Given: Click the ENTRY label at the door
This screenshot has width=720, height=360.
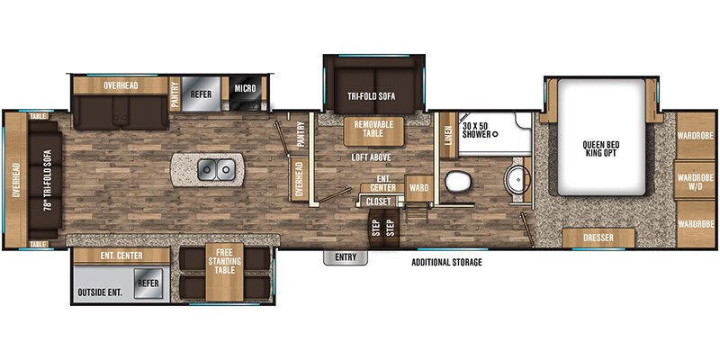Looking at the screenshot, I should click(346, 257).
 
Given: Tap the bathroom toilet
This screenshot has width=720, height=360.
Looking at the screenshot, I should click(459, 182).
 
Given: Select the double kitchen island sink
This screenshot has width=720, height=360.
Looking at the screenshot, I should click(215, 168).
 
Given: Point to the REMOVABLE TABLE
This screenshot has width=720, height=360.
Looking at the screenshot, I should click(373, 130).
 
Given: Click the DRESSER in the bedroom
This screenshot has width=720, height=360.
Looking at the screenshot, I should click(598, 239).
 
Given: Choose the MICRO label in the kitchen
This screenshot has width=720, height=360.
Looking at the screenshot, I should click(245, 88).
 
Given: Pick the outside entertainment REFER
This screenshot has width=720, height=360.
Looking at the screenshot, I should click(147, 283).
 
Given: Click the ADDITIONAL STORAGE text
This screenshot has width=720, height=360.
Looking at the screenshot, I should click(446, 263).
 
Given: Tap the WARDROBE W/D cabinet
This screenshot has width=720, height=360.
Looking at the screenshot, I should click(695, 177).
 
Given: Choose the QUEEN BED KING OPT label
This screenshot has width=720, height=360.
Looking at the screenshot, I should click(597, 147).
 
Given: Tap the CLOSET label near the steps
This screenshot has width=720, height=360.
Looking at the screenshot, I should click(377, 202).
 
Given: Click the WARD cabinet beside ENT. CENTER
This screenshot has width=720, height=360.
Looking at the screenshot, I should click(418, 188).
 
